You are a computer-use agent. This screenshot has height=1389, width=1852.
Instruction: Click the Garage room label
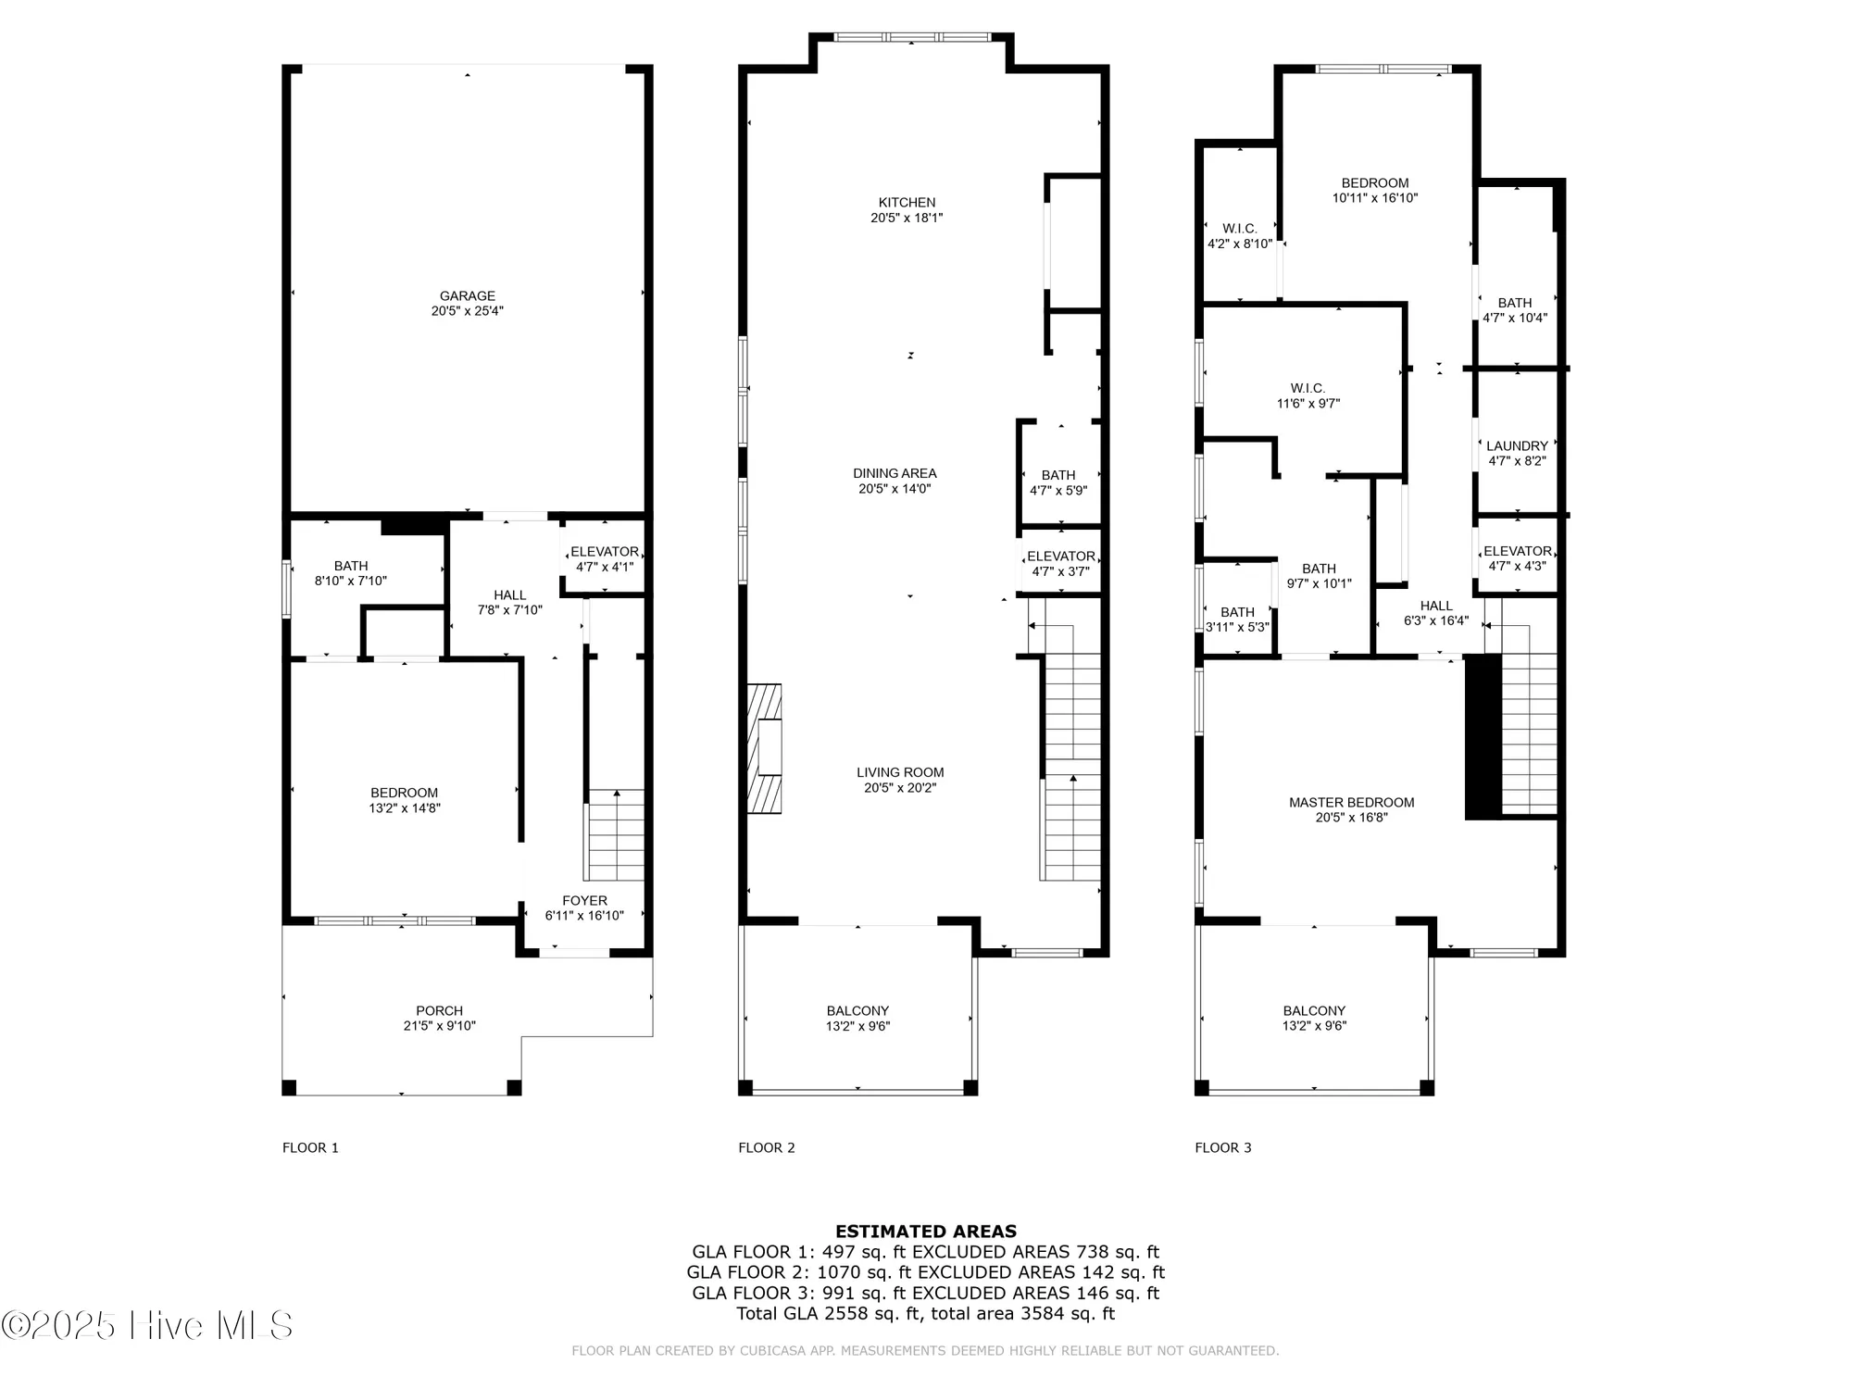[x=467, y=296]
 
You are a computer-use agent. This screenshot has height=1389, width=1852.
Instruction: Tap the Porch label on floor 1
[x=439, y=1010]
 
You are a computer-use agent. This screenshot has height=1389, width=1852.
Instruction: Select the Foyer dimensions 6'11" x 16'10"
[x=584, y=916]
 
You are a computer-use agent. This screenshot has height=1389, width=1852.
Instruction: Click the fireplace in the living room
[x=765, y=748]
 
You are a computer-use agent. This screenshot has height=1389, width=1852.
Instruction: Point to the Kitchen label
[x=907, y=203]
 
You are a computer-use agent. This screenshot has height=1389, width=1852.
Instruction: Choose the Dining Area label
[x=895, y=473]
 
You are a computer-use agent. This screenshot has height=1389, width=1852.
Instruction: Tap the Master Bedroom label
[x=1351, y=803]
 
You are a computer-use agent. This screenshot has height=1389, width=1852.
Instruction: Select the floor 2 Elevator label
[x=1060, y=557]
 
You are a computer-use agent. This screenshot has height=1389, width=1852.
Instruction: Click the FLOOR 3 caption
[x=1222, y=1147]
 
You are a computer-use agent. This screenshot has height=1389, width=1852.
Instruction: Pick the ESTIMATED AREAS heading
[x=926, y=1232]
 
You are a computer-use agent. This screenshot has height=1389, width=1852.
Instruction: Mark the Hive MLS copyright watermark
[x=148, y=1326]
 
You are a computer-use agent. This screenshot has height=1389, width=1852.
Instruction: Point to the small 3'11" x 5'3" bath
[x=1237, y=619]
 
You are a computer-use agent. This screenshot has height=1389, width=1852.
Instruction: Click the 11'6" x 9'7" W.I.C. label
[x=1308, y=395]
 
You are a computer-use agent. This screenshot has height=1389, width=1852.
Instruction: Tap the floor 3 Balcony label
[x=1314, y=1010]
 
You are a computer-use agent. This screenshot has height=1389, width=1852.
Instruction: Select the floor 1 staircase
[x=616, y=833]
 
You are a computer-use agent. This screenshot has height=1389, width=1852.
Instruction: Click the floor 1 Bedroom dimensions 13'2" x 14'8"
[x=404, y=808]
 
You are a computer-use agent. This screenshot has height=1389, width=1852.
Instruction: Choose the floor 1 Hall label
[x=509, y=595]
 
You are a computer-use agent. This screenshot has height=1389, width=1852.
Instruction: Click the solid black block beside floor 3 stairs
[x=1483, y=736]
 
